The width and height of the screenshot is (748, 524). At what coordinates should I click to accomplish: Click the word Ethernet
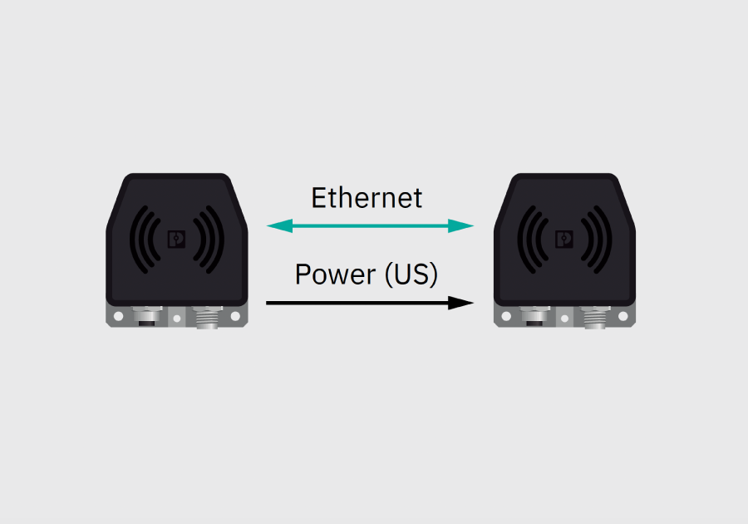pos(367,198)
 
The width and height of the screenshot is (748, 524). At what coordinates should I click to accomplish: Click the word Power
pos(336,274)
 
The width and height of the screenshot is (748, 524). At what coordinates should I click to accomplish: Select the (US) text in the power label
pos(411,274)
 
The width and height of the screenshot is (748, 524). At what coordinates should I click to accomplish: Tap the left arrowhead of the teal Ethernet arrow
pos(279,225)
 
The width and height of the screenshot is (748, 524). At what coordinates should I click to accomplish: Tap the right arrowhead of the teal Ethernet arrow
pos(460,225)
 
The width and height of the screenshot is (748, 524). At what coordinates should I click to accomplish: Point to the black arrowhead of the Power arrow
pos(460,303)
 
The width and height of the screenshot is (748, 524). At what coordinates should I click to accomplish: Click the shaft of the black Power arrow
pos(357,303)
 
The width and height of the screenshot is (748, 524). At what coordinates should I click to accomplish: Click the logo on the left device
pos(176,239)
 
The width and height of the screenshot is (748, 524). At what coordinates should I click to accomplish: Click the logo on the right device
pos(564,239)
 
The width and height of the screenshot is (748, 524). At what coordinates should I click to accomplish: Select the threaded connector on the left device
pos(208,317)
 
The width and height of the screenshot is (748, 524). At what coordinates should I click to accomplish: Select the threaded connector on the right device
pos(595,317)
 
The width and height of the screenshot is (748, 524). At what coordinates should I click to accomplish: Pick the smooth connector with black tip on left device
pos(147,316)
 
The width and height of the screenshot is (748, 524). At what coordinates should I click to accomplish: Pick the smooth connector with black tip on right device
pos(534,316)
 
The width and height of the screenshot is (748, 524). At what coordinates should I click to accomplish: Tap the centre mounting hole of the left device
pos(177,319)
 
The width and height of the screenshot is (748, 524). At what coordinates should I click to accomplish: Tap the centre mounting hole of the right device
pos(565,319)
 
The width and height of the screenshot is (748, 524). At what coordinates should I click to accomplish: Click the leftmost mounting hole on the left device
pos(119,316)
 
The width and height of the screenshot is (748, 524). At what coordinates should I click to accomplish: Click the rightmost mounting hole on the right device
pos(623,316)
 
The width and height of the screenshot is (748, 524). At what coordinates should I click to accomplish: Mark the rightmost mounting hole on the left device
pos(235,316)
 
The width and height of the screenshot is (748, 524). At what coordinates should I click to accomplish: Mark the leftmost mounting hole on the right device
pos(507,316)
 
